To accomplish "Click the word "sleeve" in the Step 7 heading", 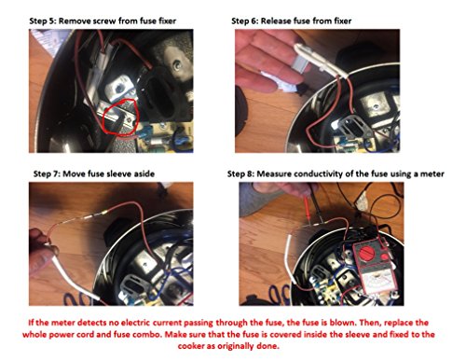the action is pos(118,173).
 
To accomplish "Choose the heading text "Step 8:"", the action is pos(240,173).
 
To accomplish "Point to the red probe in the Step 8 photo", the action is pos(306,208).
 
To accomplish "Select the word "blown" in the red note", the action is pos(341,323).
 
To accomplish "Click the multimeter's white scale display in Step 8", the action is pos(378,282).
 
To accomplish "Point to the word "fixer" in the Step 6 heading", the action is pos(343,21).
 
